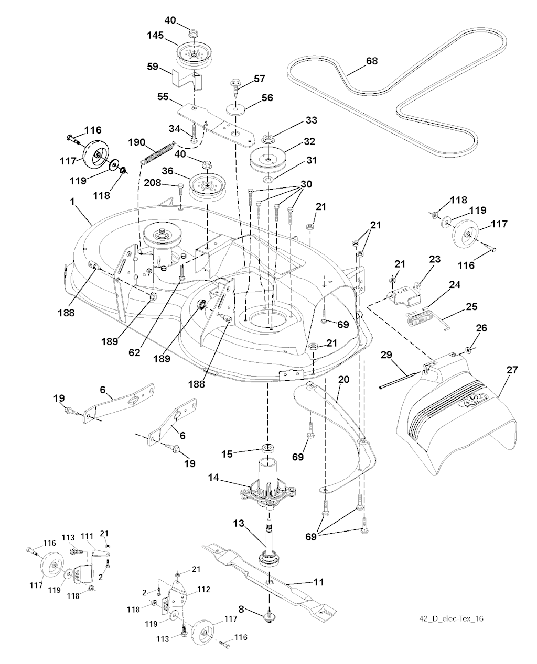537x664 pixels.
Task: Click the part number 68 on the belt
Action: pyautogui.click(x=371, y=61)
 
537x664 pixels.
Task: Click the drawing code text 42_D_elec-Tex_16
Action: pyautogui.click(x=452, y=619)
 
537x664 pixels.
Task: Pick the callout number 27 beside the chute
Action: pyautogui.click(x=512, y=370)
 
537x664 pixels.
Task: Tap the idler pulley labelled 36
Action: pyautogui.click(x=208, y=184)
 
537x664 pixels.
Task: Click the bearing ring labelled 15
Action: pyautogui.click(x=269, y=449)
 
